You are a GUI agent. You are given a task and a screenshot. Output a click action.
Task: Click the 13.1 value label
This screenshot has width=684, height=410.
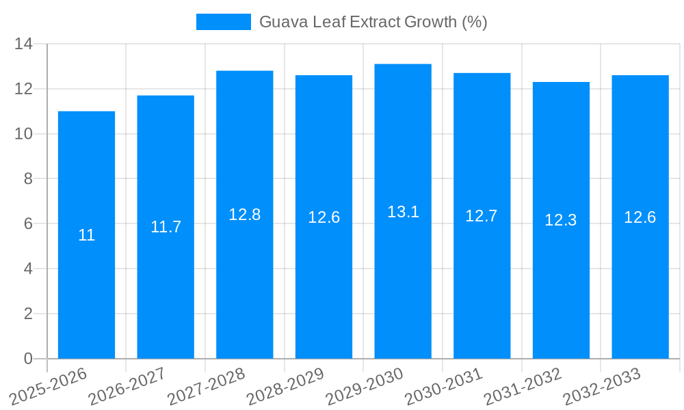click(x=403, y=212)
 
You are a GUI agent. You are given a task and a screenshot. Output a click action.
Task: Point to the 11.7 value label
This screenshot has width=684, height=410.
click(x=166, y=227)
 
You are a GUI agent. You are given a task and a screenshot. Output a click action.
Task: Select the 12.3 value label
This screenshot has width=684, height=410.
click(x=561, y=220)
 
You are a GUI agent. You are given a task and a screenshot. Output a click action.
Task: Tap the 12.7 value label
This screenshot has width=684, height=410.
click(x=482, y=216)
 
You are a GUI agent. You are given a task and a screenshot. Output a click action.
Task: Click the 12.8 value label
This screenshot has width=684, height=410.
click(x=245, y=215)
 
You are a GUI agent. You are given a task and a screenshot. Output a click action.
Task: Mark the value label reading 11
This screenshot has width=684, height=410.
click(x=86, y=235)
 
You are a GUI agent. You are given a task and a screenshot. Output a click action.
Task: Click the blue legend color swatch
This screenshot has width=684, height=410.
click(x=223, y=22)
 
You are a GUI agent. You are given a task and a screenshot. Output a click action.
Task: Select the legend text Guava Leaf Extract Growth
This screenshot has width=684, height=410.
click(x=373, y=22)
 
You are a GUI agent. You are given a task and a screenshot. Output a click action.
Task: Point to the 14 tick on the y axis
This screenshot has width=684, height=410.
click(x=24, y=44)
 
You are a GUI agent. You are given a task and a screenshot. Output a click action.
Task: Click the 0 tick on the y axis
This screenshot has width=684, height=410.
click(x=28, y=359)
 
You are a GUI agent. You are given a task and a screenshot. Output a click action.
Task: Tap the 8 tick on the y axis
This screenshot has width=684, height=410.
click(x=28, y=179)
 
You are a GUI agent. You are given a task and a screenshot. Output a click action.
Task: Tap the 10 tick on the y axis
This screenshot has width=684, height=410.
click(x=24, y=134)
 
